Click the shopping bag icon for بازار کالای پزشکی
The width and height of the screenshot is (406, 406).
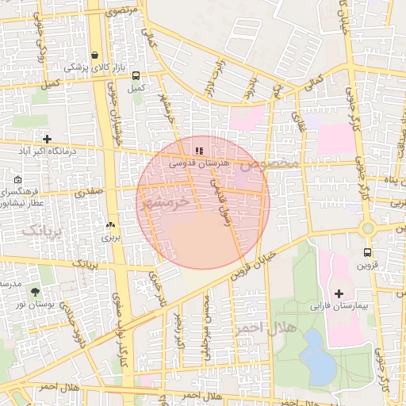tap(95, 56)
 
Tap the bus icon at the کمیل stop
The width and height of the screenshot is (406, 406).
tap(137, 76)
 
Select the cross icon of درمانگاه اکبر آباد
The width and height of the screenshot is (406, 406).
tap(48, 139)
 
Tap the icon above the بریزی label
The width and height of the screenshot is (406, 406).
tap(110, 224)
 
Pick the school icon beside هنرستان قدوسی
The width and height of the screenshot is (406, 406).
tap(199, 149)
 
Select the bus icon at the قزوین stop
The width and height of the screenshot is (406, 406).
tap(366, 253)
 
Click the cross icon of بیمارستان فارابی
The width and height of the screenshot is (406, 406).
tap(339, 293)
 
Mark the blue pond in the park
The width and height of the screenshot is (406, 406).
tap(317, 355)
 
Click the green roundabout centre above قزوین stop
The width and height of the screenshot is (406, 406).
tap(367, 229)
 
